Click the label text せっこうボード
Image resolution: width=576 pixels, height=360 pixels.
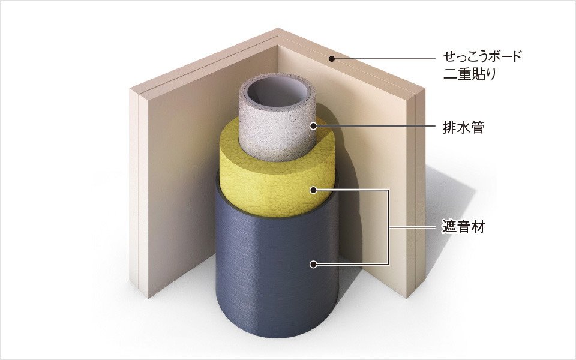point(482,57)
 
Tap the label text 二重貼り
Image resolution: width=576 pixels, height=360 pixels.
point(469,73)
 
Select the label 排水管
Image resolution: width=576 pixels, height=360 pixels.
point(464,127)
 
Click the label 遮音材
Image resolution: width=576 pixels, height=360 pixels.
point(463,227)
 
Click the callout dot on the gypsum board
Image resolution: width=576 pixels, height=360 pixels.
point(332,58)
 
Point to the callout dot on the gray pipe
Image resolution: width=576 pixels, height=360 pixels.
point(313,126)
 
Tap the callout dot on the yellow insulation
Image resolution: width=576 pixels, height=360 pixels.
point(313,190)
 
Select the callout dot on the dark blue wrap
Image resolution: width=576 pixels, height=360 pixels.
point(313,264)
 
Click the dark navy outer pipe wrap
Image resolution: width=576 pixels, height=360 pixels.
point(277,275)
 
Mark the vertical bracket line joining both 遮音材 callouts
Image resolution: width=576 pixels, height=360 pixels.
point(388,227)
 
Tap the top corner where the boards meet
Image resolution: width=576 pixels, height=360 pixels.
point(278,28)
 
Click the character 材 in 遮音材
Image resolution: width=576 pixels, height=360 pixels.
point(478,227)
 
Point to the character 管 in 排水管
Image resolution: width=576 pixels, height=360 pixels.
point(478,127)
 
